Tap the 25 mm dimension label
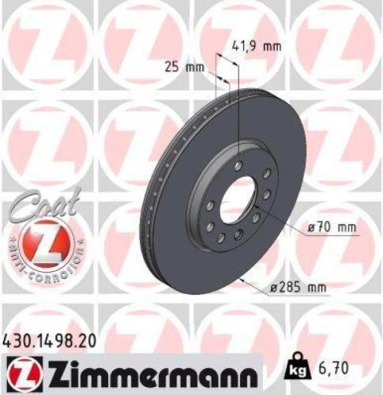183,66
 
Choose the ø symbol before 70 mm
313,228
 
